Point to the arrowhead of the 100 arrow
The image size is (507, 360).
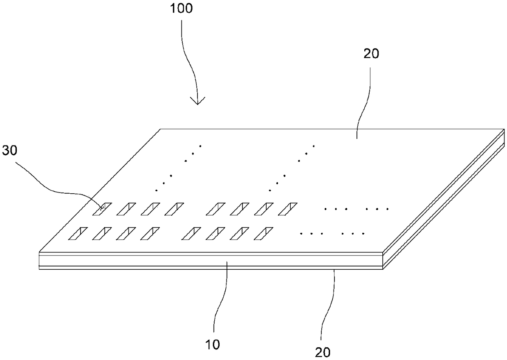(198, 103)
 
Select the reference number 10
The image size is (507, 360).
(213, 344)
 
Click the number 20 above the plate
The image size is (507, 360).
(370, 54)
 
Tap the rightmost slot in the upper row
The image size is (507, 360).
(288, 209)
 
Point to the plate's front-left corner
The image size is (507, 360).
(39, 251)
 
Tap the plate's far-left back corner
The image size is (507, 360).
(160, 129)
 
